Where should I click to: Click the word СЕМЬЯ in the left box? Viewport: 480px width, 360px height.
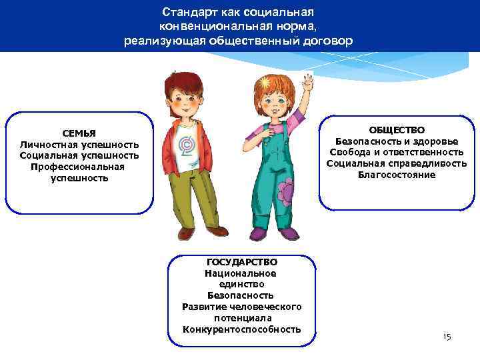pos(79,133)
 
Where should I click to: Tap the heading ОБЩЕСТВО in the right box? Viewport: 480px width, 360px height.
pos(397,130)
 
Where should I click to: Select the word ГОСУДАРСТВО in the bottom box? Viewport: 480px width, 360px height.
pos(242,262)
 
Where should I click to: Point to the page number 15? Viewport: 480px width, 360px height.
pos(447,337)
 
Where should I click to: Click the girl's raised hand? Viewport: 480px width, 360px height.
pos(307,86)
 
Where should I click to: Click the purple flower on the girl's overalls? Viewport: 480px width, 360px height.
pos(285,192)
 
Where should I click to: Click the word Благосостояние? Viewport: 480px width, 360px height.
pos(397,175)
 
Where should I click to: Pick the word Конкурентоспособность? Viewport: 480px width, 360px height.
pos(242,329)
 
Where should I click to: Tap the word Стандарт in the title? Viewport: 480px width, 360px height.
pos(188,13)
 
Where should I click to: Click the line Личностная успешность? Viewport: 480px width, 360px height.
pos(79,145)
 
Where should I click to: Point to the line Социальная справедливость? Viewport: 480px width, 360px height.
pos(397,164)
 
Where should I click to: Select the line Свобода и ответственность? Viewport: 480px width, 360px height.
pos(397,153)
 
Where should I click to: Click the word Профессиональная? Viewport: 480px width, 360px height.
pos(78,167)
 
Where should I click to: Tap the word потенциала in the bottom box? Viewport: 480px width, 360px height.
pos(242,318)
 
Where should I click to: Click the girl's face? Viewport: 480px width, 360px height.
pos(273,104)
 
